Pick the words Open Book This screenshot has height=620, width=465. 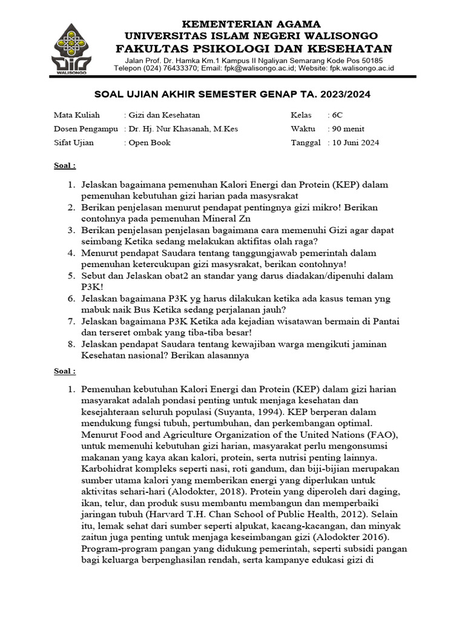point(149,143)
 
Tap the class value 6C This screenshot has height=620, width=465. point(336,114)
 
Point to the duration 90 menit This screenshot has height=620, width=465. point(346,128)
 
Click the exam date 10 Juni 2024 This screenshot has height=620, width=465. point(355,143)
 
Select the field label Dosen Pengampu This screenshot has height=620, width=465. point(85,128)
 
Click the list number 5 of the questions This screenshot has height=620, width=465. point(71,275)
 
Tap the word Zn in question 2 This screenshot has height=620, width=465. point(243,219)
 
